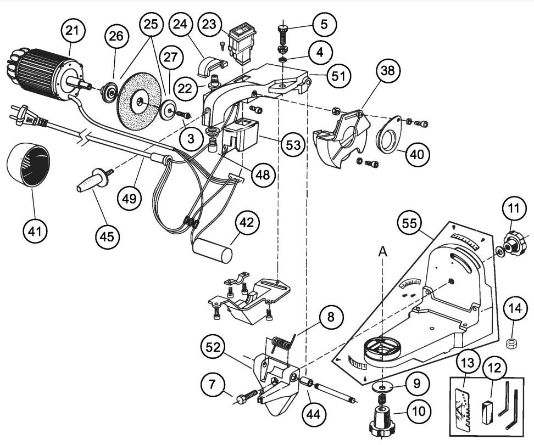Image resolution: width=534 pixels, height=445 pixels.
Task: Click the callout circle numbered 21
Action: coord(73,30)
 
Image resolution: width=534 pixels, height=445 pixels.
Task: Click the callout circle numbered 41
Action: coord(35,232)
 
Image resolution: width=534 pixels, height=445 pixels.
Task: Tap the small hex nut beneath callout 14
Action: coord(511,344)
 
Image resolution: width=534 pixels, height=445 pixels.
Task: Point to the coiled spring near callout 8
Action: coord(282,345)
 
